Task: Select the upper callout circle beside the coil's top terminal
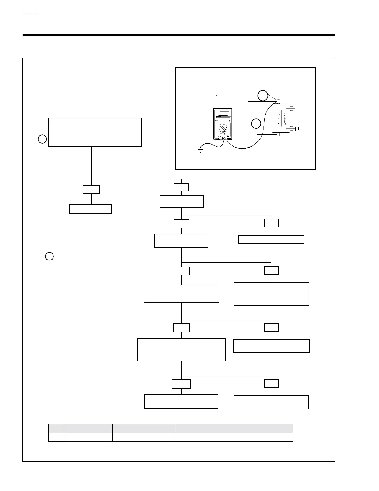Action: point(263,96)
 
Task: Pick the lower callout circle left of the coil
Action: point(256,124)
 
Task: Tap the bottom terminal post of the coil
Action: point(278,134)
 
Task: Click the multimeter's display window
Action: point(223,114)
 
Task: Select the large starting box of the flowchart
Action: point(95,132)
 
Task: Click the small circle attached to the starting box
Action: point(42,139)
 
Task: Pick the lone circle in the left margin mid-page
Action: point(49,257)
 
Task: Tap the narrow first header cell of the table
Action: point(56,428)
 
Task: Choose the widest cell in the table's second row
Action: point(234,437)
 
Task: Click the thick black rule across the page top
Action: point(178,35)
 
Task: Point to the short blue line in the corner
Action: point(31,13)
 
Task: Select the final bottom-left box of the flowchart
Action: point(181,401)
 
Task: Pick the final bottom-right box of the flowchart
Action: point(271,402)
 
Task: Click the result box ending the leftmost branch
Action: point(90,209)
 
